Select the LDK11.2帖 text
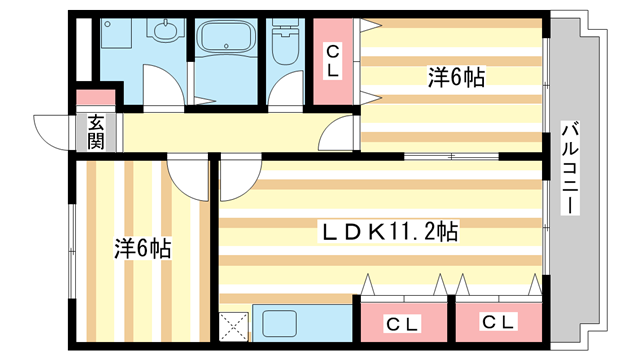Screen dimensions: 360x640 389,232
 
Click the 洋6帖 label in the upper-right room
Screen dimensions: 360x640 456,76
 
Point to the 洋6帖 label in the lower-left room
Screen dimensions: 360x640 141,248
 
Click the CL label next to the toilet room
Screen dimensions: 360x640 333,61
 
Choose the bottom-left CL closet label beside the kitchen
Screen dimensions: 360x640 403,323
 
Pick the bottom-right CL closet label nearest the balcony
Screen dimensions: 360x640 497,323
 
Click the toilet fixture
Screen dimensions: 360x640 288,42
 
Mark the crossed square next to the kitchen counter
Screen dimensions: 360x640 235,326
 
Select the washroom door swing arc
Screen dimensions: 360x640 165,92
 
